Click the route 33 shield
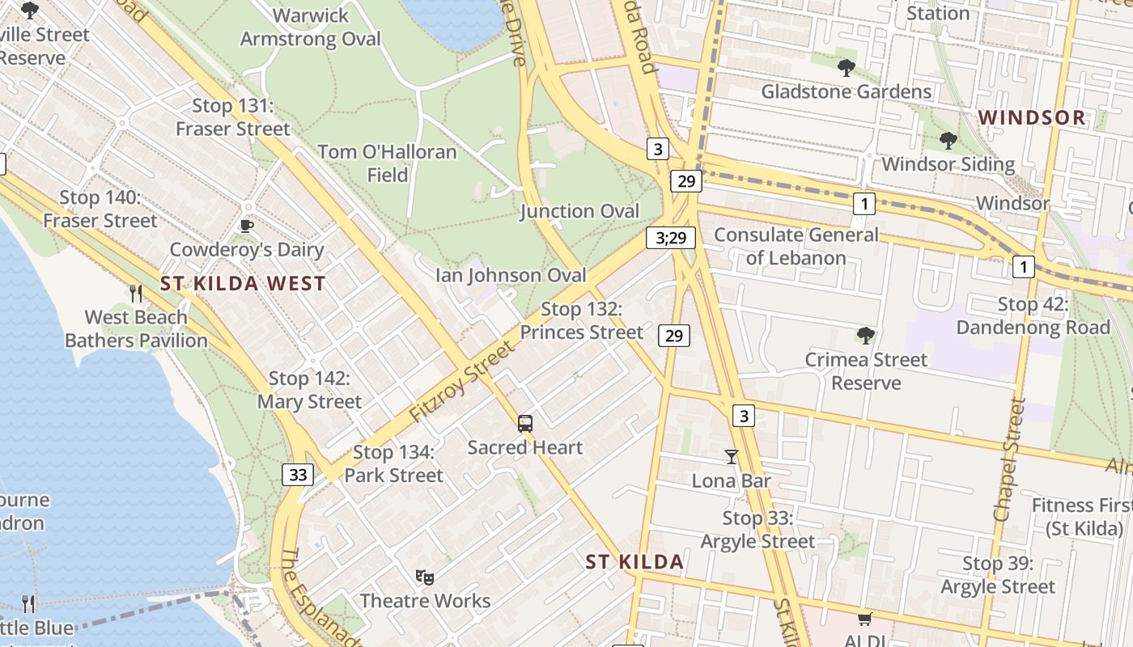[298, 475]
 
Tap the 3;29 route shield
[671, 237]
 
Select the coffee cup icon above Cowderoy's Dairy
[247, 226]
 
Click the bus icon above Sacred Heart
[525, 423]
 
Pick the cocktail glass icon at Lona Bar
[732, 457]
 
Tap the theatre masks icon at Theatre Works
[425, 577]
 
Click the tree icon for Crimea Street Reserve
[866, 335]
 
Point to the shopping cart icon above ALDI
[865, 619]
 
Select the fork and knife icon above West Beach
[136, 293]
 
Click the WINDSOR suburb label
[1032, 117]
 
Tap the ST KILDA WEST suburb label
[243, 284]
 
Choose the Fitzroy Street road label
[462, 381]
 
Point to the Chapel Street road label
[1008, 459]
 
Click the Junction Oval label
[579, 211]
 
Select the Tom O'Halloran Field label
[387, 163]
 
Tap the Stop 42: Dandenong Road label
[1033, 316]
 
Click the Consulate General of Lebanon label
[796, 247]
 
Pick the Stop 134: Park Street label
[394, 464]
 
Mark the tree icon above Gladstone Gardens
[847, 68]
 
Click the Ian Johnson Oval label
[511, 275]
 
